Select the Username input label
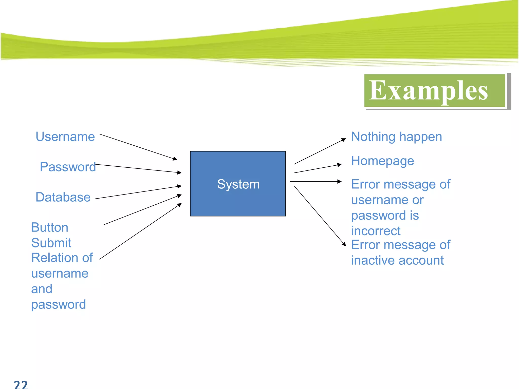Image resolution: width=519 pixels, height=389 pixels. click(65, 137)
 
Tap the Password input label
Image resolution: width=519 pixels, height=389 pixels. click(68, 167)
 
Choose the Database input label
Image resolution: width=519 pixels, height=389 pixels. click(63, 197)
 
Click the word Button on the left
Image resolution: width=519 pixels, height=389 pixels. click(50, 227)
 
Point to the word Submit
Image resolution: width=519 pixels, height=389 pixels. click(51, 243)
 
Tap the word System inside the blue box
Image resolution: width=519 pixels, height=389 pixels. click(238, 184)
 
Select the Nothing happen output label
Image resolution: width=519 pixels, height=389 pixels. click(396, 137)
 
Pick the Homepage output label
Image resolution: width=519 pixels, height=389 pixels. click(382, 161)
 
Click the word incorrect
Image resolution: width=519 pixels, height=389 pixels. click(376, 231)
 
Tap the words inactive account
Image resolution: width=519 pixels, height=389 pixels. click(397, 261)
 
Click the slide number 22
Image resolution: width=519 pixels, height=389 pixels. click(21, 384)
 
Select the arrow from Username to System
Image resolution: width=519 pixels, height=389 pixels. click(138, 147)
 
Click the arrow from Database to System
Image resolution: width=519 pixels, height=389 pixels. click(138, 192)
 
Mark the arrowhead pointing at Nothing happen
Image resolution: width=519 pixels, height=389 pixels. click(344, 140)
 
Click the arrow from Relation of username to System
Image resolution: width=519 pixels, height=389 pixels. click(141, 231)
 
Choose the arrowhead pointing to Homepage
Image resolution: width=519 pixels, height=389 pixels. click(340, 165)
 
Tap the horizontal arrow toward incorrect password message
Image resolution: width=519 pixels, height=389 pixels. click(316, 182)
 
